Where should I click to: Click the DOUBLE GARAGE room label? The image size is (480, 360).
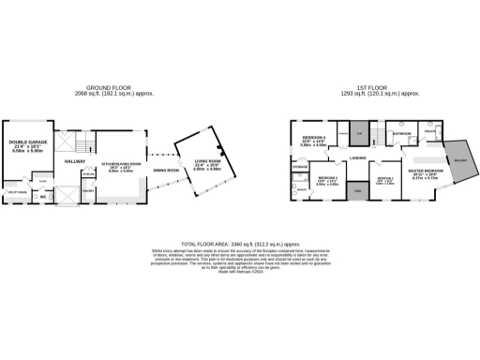pos(28,142)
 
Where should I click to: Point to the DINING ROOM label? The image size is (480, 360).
pos(166,171)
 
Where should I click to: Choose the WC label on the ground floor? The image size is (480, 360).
pos(43,197)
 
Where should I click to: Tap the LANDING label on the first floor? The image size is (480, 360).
pos(357,157)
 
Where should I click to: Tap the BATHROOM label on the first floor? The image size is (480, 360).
pos(402,134)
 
